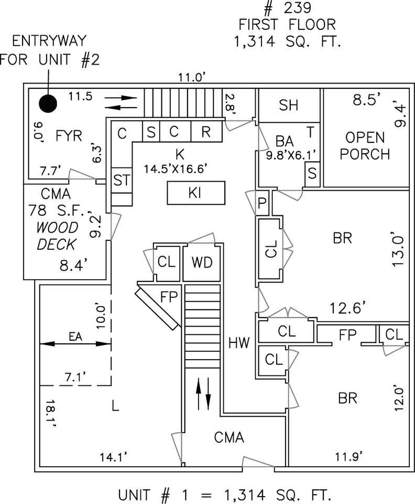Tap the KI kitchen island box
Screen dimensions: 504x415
[x=196, y=193]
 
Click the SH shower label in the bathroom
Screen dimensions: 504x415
[x=289, y=106]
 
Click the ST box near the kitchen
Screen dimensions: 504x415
[x=122, y=180]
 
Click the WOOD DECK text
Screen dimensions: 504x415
[x=58, y=236]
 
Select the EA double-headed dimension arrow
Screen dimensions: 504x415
[x=75, y=344]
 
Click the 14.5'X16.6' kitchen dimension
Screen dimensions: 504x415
[x=179, y=169]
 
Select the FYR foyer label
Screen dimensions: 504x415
[x=69, y=136]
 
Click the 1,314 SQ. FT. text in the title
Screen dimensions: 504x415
[x=287, y=41]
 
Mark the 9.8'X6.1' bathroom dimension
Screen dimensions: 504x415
[x=291, y=155]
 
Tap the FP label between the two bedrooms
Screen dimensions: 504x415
[x=348, y=335]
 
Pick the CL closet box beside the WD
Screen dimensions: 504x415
[x=167, y=262]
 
